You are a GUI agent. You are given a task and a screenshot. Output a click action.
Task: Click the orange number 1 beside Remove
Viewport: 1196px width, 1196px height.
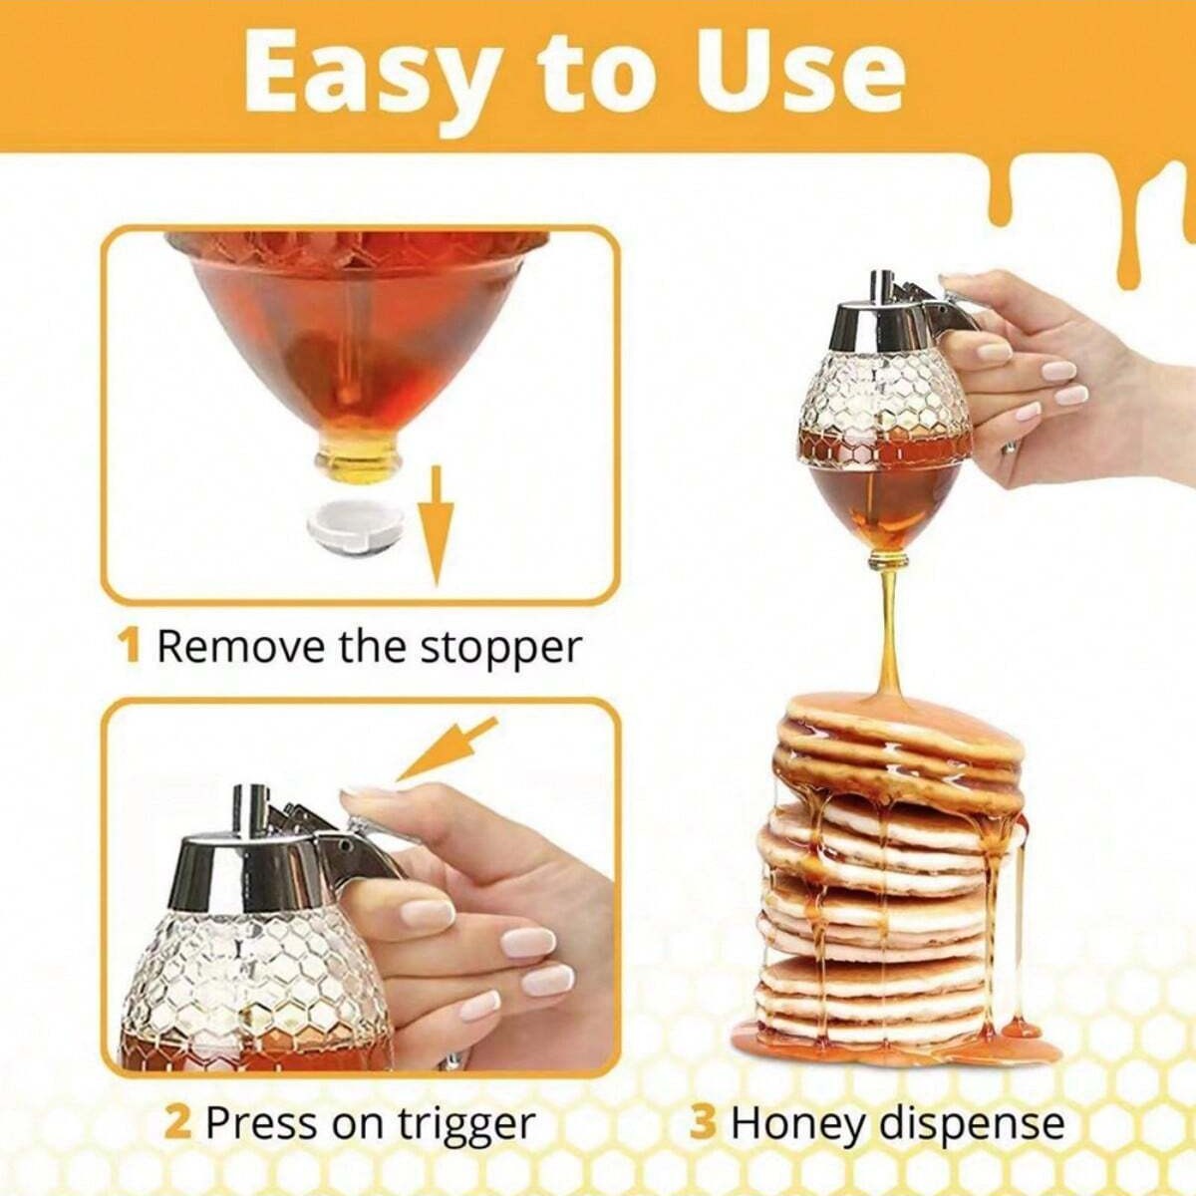(x=129, y=646)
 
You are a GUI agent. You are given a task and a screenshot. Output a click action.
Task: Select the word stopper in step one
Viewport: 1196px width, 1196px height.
(x=499, y=648)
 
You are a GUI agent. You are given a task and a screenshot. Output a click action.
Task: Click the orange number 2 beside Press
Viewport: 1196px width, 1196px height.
(x=176, y=1123)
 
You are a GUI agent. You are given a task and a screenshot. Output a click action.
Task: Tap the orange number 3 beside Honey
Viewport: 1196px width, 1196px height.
(x=703, y=1123)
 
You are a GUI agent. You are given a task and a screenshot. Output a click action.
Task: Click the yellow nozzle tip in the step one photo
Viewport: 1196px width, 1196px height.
(x=359, y=461)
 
